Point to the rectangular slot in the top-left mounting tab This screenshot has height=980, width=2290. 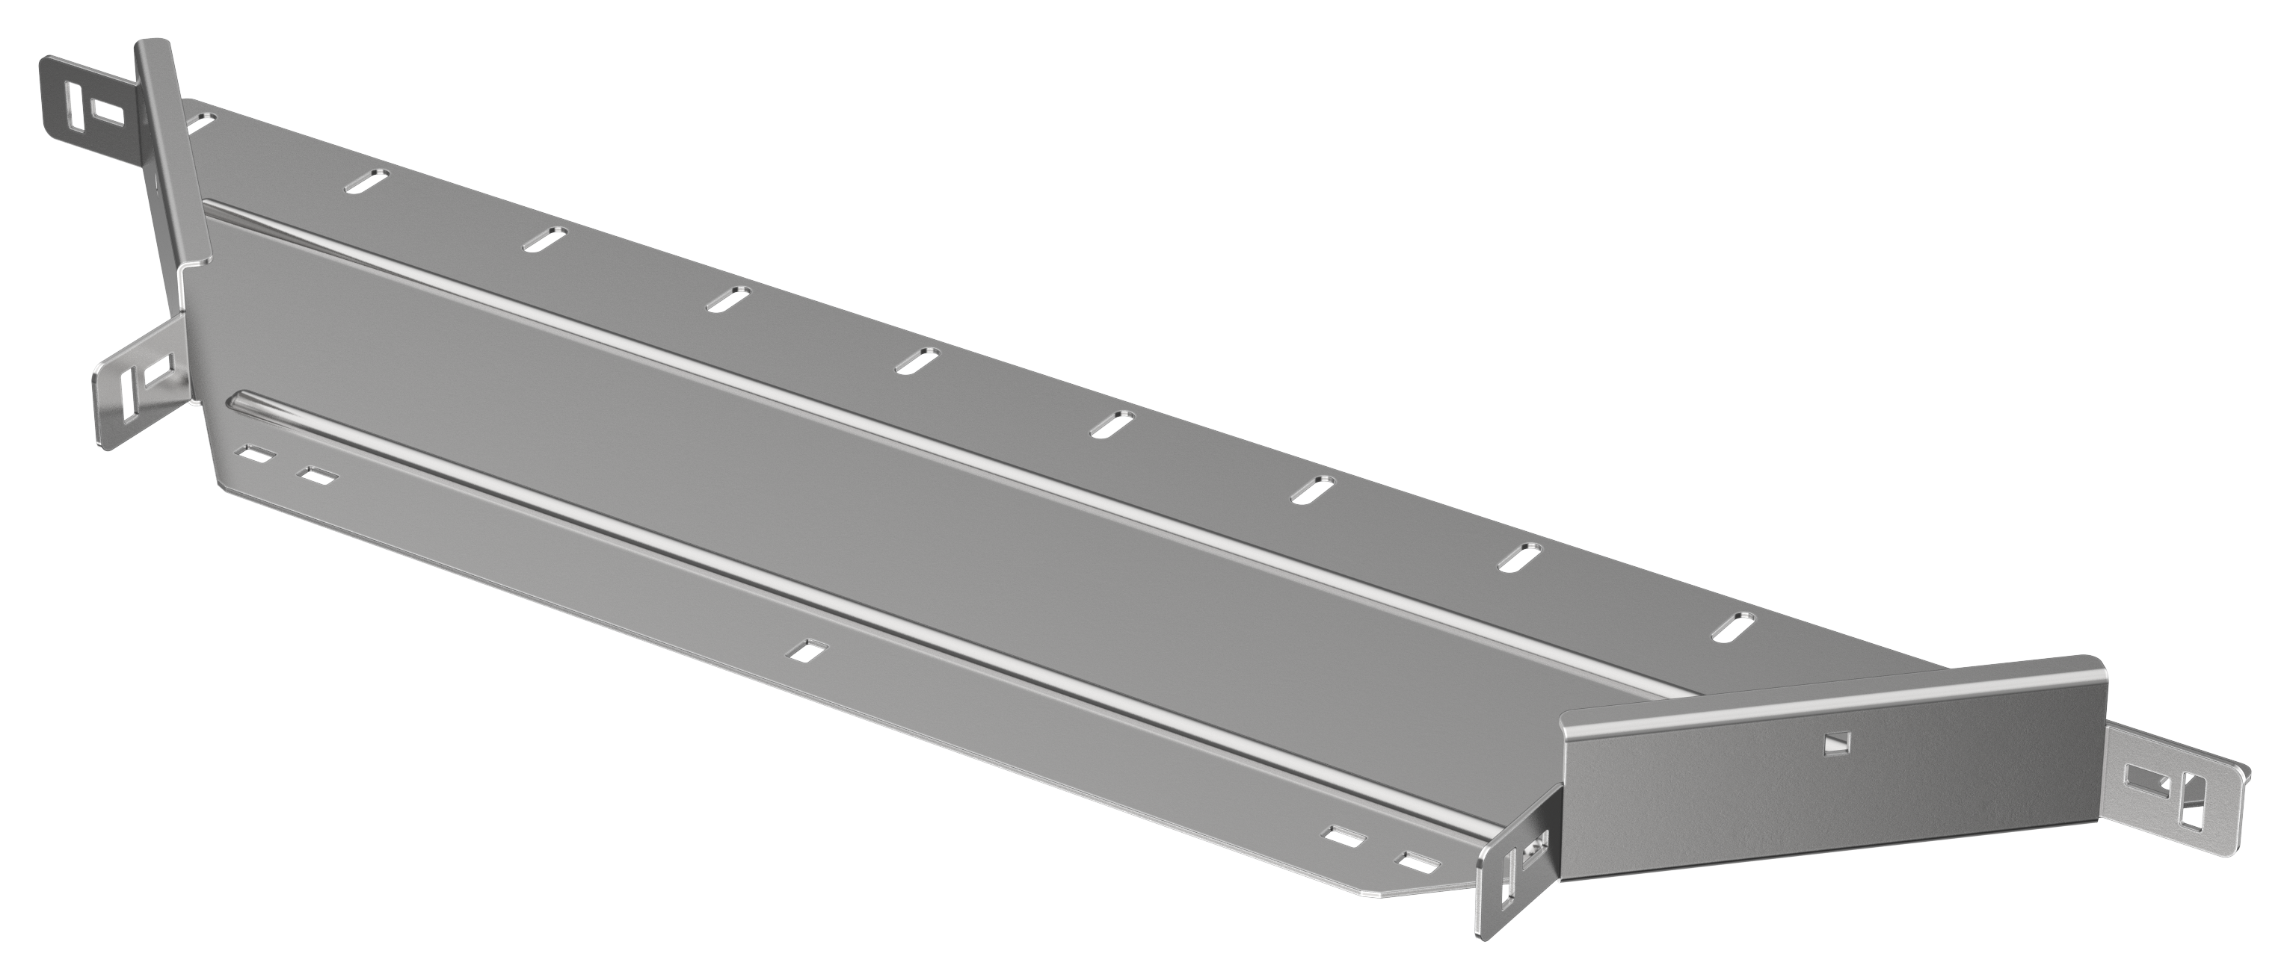coord(104,111)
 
